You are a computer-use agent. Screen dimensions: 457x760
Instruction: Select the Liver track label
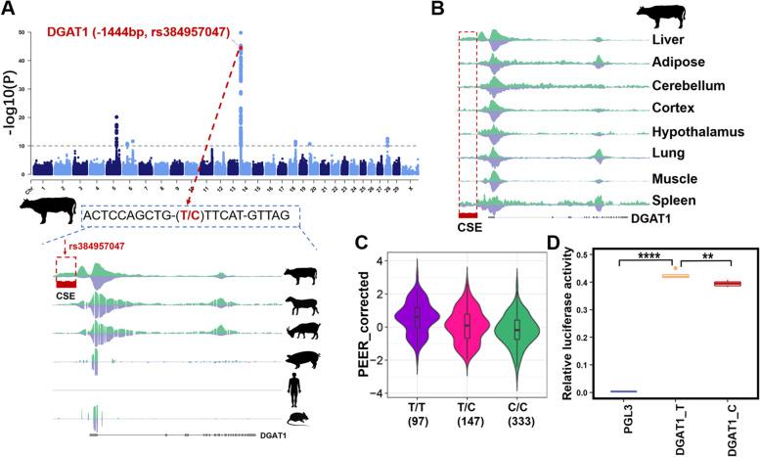point(672,41)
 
